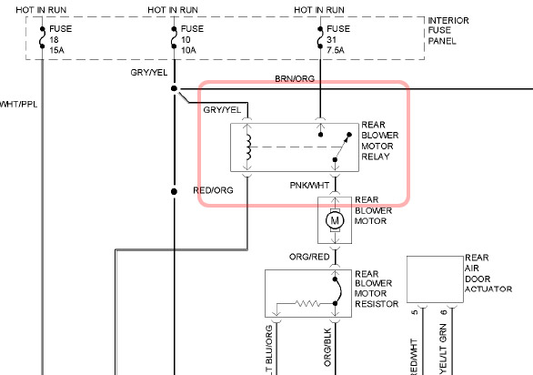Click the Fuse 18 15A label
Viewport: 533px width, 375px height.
click(x=61, y=39)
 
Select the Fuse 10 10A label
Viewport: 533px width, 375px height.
click(x=192, y=39)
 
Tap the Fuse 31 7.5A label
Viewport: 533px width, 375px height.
click(x=338, y=39)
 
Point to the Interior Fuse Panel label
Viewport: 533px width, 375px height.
click(x=448, y=31)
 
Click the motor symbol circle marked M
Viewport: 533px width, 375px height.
click(x=335, y=220)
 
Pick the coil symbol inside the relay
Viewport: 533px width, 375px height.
click(x=249, y=147)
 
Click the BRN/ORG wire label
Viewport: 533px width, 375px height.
click(x=295, y=79)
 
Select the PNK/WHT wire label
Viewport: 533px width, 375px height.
click(x=309, y=186)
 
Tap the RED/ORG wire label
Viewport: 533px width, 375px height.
click(x=213, y=190)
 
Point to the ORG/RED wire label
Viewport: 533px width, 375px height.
click(x=309, y=257)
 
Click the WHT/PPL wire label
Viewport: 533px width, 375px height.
click(x=18, y=105)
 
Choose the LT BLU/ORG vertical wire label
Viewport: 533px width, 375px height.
click(x=269, y=350)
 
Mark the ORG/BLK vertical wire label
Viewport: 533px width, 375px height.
click(x=327, y=347)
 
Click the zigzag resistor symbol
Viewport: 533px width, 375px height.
click(x=307, y=303)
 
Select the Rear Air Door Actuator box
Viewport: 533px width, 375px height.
click(x=435, y=279)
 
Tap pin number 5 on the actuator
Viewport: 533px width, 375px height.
click(x=415, y=312)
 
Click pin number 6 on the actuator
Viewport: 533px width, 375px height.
click(x=444, y=312)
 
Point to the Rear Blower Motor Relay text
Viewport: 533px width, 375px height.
click(x=379, y=140)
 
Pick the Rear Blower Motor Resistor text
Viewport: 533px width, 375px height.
click(x=377, y=289)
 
